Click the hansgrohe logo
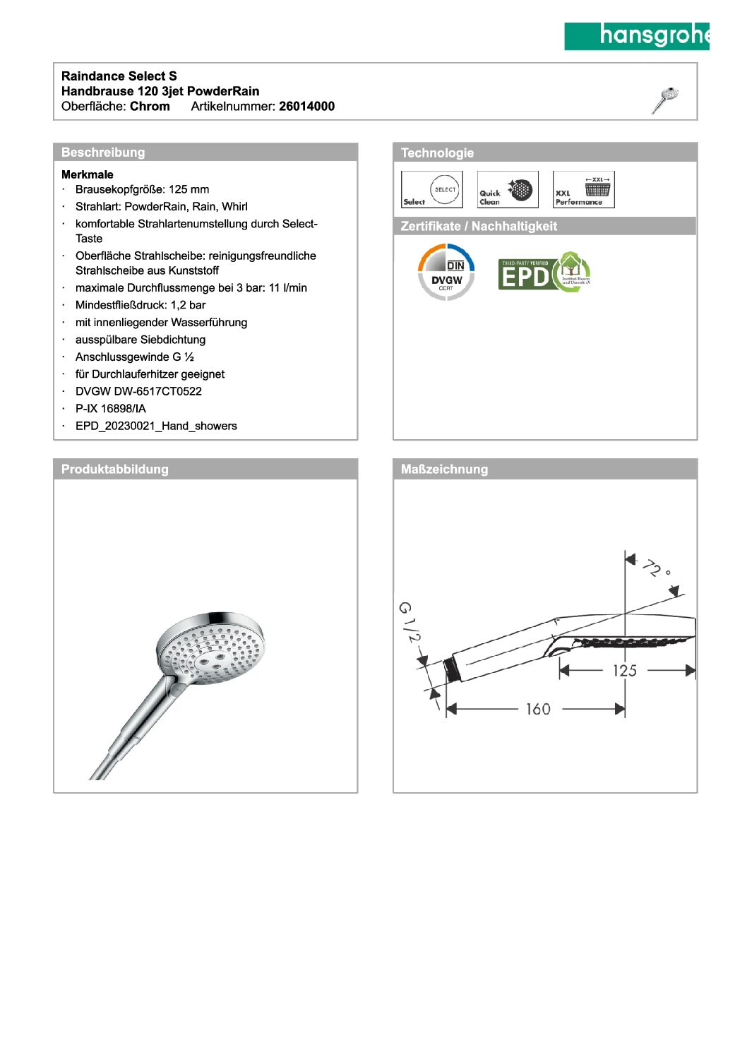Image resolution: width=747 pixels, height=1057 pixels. (x=636, y=36)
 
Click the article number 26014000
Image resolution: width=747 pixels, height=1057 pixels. (x=306, y=107)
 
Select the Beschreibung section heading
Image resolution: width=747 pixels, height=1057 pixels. (x=103, y=153)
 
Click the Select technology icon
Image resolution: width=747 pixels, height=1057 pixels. (x=431, y=189)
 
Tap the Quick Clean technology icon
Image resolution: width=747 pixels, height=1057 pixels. (x=507, y=189)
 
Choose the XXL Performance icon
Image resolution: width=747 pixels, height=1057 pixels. (x=583, y=189)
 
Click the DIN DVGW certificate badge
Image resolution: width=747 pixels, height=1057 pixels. (x=446, y=272)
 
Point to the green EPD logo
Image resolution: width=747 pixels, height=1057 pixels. (x=544, y=273)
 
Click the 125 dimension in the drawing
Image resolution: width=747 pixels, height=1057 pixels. (x=625, y=671)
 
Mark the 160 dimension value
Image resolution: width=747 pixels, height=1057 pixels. (x=538, y=709)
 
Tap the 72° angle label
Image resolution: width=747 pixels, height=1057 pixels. (x=656, y=568)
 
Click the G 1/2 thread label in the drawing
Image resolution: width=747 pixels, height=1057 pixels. (x=409, y=622)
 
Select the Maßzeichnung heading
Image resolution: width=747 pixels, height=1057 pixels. (x=444, y=470)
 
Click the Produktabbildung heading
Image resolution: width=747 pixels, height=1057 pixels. (x=115, y=470)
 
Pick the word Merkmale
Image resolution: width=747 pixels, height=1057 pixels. (x=88, y=174)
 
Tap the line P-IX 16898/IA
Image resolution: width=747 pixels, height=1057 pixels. (x=111, y=409)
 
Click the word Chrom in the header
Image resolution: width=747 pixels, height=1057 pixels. (x=150, y=107)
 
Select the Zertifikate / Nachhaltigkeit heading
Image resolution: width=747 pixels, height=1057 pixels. (x=479, y=227)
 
